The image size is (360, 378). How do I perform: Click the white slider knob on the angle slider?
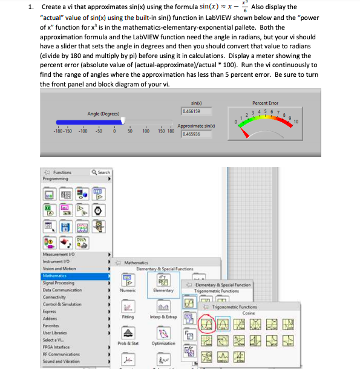[124, 120]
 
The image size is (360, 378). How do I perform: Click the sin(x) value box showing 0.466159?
[192, 112]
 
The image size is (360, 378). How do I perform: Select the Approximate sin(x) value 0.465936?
[192, 134]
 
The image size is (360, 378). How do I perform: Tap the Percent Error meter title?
[265, 103]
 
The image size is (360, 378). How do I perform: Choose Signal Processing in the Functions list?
[60, 282]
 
